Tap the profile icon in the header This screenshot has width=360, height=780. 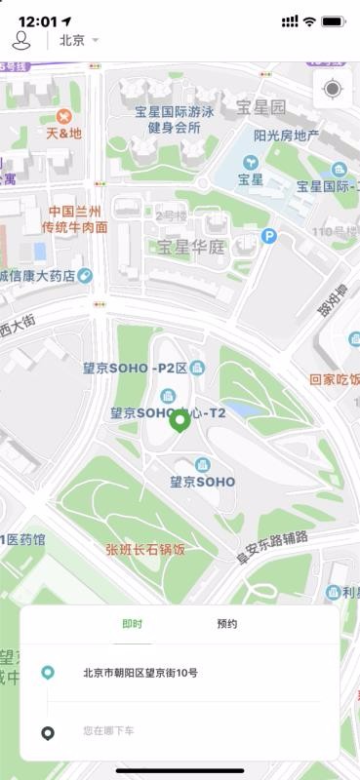(x=20, y=40)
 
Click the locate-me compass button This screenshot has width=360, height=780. (x=333, y=90)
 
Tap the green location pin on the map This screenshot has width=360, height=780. (x=180, y=421)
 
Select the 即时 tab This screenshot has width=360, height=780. (x=132, y=624)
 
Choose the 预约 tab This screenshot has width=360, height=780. (x=226, y=624)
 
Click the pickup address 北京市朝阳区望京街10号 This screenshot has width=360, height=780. (x=140, y=672)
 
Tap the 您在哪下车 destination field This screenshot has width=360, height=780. (x=108, y=729)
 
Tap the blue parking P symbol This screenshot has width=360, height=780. (x=269, y=235)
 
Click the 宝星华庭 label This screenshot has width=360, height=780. (x=191, y=247)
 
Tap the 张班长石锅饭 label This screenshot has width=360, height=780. (x=145, y=549)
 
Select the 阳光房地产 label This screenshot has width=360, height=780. (x=286, y=136)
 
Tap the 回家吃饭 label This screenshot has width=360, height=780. (x=335, y=379)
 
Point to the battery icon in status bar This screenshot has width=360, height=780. (x=334, y=21)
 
